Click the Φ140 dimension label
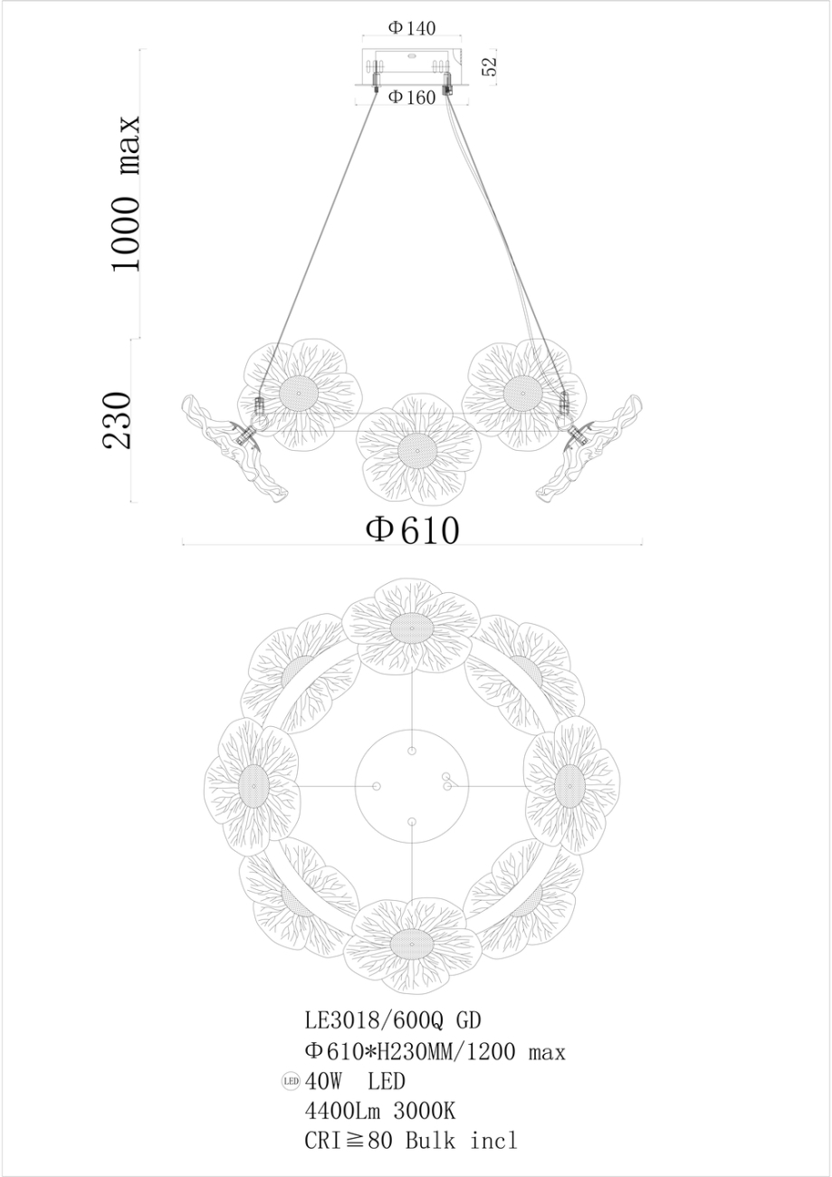(x=412, y=28)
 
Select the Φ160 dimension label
(x=412, y=98)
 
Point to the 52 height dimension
(x=490, y=66)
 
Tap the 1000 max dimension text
(x=124, y=194)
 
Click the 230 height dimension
(x=119, y=420)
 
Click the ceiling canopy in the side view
(x=412, y=68)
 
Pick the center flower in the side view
(x=416, y=447)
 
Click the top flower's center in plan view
(x=413, y=627)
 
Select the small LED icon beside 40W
(x=291, y=1081)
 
